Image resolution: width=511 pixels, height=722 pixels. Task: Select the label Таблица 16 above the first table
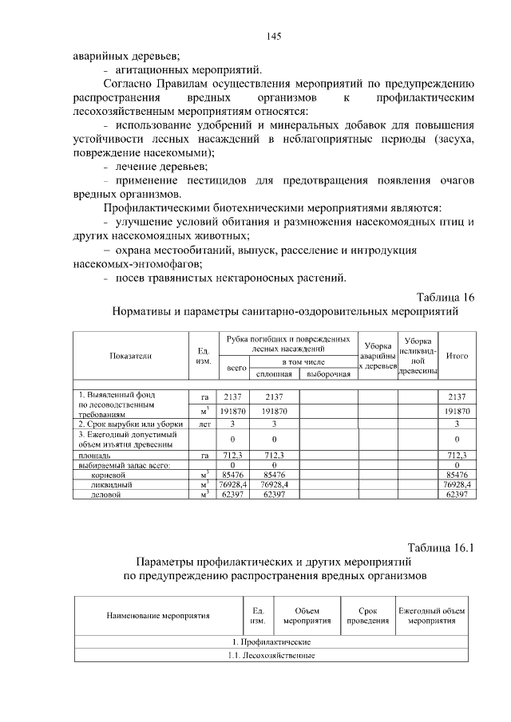pos(442,298)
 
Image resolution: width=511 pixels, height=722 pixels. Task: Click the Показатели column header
pos(132,356)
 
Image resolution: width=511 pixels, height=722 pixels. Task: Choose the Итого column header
pos(457,356)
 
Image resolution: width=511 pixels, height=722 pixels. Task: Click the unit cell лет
pos(204,424)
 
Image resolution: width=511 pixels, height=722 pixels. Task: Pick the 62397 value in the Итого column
pos(457,494)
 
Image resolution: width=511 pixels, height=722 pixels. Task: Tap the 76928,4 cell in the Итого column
pos(458,484)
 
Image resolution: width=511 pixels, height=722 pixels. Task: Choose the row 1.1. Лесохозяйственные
pos(271,655)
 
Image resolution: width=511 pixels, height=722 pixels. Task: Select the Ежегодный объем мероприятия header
pos(431,615)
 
